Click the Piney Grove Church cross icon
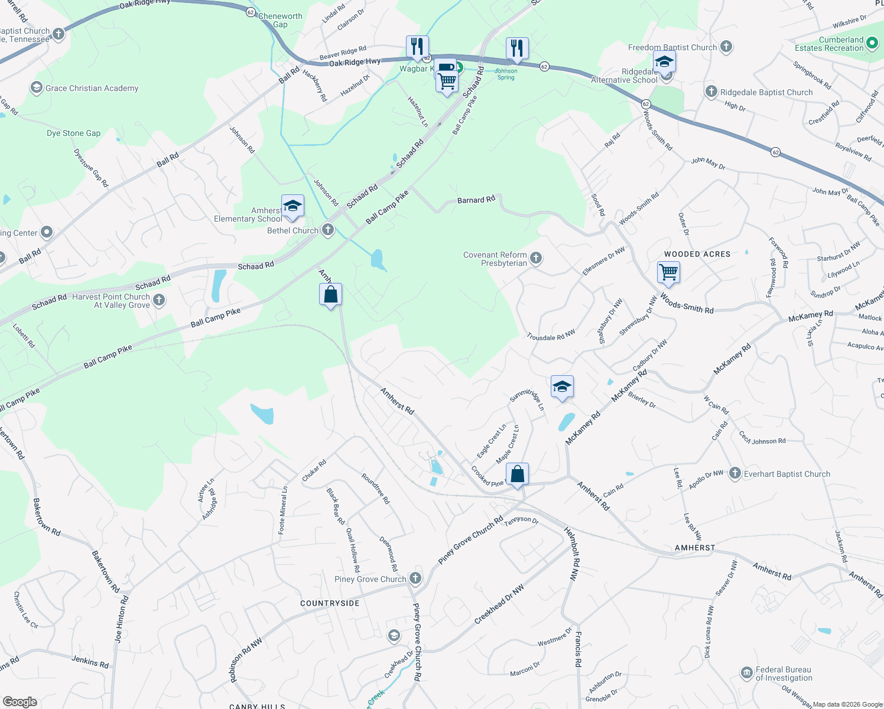coord(415,578)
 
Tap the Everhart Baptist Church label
coord(786,474)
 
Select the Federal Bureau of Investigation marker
coord(746,673)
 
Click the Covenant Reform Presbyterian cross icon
coord(536,258)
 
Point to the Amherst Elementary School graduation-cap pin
coord(292,207)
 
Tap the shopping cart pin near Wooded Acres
coord(668,273)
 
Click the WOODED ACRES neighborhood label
coord(697,254)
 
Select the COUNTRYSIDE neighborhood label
coord(330,603)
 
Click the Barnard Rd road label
coord(476,200)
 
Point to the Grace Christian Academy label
coord(92,88)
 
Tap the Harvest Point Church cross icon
coord(159,300)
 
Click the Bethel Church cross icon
coord(328,230)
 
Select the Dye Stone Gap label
coord(73,133)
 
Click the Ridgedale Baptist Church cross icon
coord(711,91)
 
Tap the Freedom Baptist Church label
coord(672,47)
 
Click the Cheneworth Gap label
coord(280,20)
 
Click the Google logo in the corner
coord(19,701)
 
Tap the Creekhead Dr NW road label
coord(499,604)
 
